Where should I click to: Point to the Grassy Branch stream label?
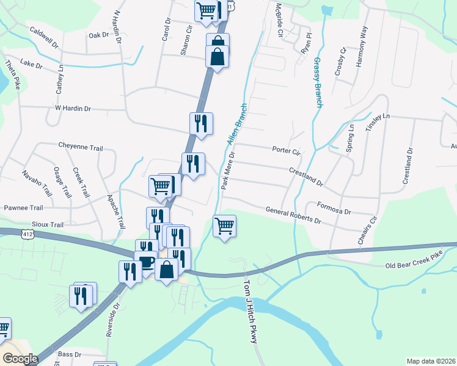[x=318, y=83]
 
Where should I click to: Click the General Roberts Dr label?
[x=293, y=214]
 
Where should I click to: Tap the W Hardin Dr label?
[x=73, y=109]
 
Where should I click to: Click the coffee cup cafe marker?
[x=146, y=262]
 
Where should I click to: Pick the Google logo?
[x=20, y=359]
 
